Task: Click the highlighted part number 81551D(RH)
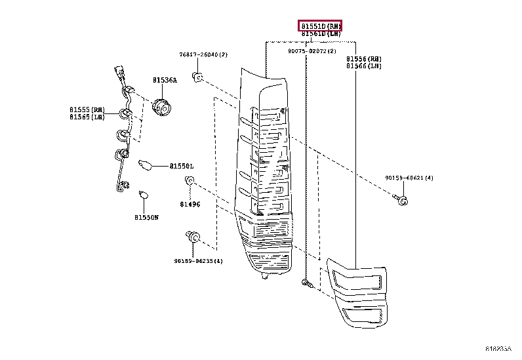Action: coord(321,26)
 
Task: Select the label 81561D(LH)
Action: coord(321,33)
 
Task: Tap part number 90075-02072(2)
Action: coord(311,51)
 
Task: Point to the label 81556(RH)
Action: coord(364,59)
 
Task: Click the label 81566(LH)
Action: coord(364,66)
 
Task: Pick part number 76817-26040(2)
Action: coord(203,55)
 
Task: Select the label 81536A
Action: coord(165,80)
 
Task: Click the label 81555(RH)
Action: coord(87,110)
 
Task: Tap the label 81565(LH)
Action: coord(87,117)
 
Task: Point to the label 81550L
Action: coord(182,167)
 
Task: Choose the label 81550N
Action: coord(147,217)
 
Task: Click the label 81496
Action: coord(191,205)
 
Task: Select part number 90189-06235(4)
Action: coord(199,261)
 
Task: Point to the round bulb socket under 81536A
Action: coord(161,105)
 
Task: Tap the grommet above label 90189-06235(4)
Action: coord(193,237)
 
